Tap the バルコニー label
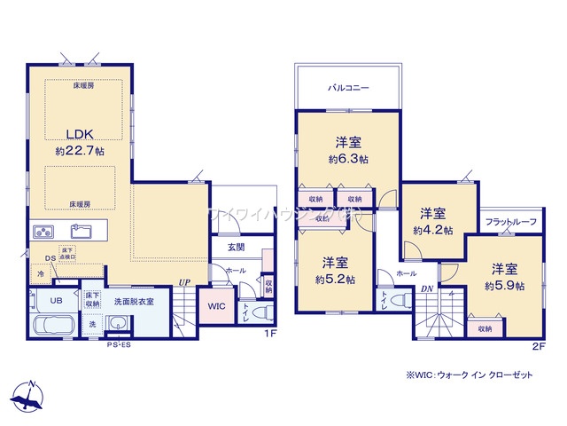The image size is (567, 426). point(348,89)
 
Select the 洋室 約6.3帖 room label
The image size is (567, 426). point(348,150)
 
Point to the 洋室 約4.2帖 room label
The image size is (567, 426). point(432,221)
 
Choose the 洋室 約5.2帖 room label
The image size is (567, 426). point(334,270)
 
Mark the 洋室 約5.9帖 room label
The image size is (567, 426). point(501,276)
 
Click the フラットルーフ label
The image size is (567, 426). point(510,222)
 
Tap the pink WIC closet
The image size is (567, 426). point(217,306)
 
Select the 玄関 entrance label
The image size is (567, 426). point(236,248)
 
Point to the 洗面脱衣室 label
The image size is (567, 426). point(134,302)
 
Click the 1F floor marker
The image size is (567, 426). point(272,333)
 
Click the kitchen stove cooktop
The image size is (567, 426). point(45,232)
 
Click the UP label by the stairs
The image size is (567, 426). point(184,282)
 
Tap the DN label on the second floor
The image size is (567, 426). point(427,289)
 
